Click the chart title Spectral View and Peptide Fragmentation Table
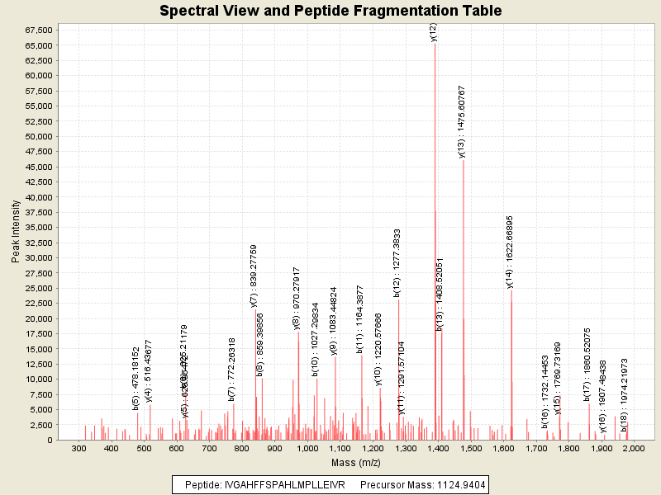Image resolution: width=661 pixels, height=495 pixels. coord(330,11)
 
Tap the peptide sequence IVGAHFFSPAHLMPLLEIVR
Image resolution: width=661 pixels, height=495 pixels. coord(285,484)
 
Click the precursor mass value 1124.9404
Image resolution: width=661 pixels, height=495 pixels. coord(462,484)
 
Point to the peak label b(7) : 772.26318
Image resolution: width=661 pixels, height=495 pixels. coord(232,368)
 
